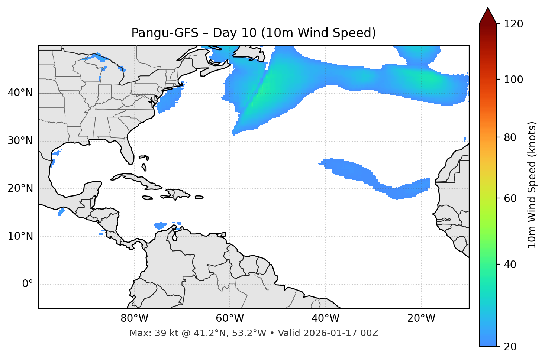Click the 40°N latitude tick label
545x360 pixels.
(20, 93)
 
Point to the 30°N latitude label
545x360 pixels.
(20, 141)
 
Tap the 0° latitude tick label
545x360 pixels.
(28, 284)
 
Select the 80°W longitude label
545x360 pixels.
(134, 318)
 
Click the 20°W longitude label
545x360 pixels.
(421, 318)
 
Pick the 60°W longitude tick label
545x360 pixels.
(230, 318)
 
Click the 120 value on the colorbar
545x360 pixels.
(513, 24)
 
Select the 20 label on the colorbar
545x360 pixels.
(510, 347)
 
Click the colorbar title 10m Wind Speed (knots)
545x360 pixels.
(532, 185)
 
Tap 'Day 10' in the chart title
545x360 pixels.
(235, 33)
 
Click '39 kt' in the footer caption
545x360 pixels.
(164, 333)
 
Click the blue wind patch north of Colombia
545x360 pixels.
(161, 225)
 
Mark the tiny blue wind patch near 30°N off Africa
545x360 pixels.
(465, 139)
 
